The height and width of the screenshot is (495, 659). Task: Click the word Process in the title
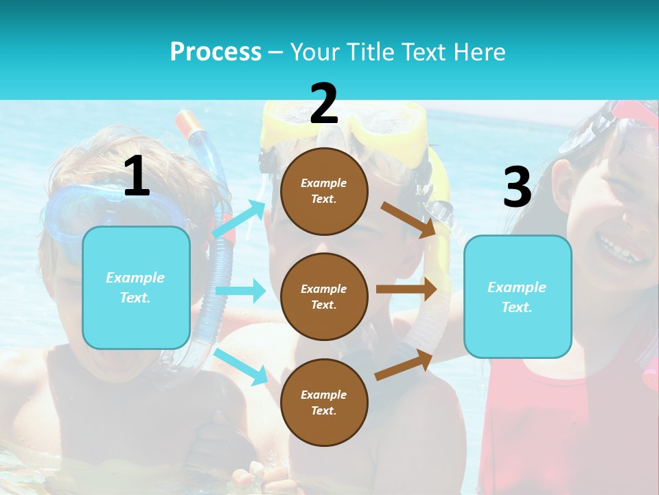216,52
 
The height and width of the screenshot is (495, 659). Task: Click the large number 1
137,177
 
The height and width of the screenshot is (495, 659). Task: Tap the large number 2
324,104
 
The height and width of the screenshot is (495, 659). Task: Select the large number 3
517,188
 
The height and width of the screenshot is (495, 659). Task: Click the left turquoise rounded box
136,287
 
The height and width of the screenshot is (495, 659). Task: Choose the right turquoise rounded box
518,297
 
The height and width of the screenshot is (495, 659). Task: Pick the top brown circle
324,191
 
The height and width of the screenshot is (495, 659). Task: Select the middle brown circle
324,297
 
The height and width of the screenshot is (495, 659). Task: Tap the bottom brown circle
324,402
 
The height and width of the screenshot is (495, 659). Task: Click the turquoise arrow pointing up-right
239,219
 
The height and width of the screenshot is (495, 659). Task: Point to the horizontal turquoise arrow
240,291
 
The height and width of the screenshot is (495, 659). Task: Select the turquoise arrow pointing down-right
240,366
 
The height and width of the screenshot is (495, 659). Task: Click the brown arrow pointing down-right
408,219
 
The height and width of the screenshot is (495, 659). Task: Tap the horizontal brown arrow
406,289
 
